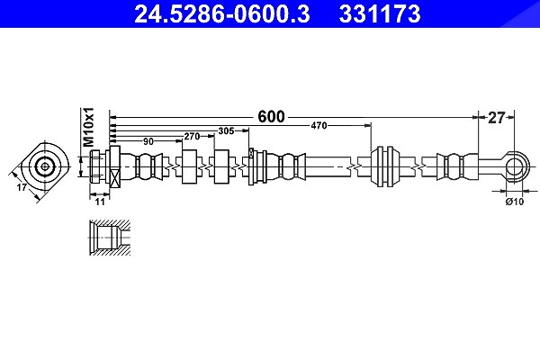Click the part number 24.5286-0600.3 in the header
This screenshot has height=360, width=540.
click(x=222, y=13)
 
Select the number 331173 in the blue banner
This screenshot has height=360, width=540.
click(x=380, y=13)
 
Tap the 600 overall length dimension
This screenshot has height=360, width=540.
click(x=272, y=117)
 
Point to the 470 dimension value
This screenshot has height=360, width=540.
click(x=319, y=126)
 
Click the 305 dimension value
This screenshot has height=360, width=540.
click(x=226, y=130)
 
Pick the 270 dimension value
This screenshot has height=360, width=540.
click(x=192, y=137)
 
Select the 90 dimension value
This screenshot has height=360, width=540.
click(x=148, y=141)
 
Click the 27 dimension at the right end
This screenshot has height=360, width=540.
click(x=496, y=118)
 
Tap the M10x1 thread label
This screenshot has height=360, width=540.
click(x=88, y=127)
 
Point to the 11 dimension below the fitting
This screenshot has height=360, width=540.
click(x=100, y=202)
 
